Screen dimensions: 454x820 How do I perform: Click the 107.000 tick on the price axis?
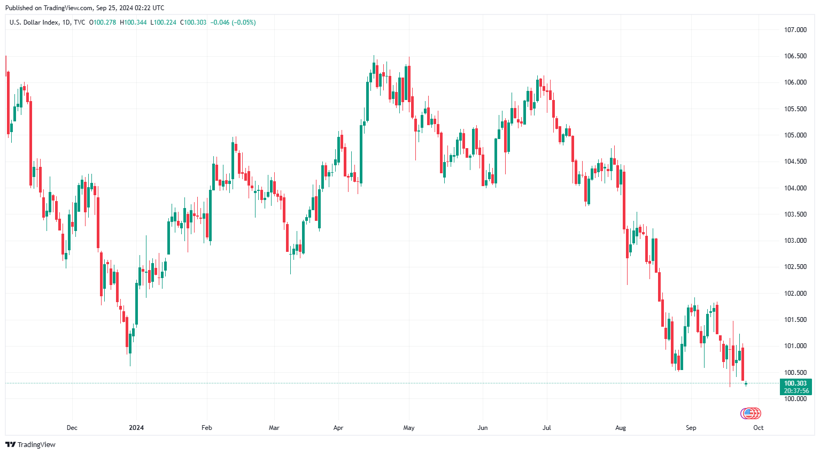795,30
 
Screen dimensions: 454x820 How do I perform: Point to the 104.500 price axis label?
795,161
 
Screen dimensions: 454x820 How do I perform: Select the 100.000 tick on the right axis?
795,399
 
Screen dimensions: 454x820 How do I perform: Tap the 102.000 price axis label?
795,294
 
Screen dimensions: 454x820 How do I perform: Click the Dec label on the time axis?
72,428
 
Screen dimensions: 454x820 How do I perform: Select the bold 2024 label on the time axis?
136,428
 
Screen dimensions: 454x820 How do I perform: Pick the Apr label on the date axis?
338,428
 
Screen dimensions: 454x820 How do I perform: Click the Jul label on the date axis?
546,428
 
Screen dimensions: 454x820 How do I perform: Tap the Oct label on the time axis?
758,428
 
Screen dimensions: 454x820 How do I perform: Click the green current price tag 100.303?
795,383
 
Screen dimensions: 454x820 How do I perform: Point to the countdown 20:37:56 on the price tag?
796,391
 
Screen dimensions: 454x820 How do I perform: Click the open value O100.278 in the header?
102,22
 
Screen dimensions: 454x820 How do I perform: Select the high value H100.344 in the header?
133,22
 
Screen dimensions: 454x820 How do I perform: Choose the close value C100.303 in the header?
193,22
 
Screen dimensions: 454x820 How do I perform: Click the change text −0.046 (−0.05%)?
233,22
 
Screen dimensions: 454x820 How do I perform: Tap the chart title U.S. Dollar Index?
34,22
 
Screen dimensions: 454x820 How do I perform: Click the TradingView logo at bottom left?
30,444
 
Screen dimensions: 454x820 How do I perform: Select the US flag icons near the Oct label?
751,413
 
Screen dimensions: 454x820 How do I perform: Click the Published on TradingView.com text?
84,8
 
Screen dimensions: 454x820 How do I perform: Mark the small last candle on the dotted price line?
746,383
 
